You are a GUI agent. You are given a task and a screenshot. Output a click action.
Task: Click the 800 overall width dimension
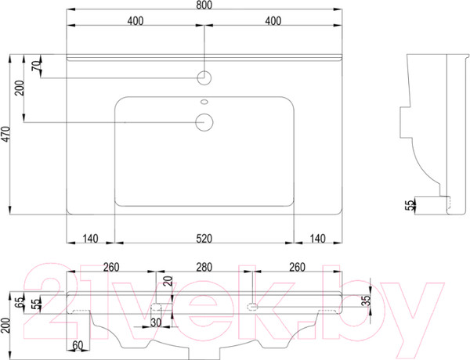click(204, 5)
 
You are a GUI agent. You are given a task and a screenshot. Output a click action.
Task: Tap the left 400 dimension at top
click(136, 20)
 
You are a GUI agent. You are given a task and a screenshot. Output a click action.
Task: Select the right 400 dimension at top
click(273, 20)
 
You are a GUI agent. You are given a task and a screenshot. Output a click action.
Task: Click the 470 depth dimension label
click(6, 134)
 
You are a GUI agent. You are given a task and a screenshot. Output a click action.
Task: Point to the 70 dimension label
click(36, 65)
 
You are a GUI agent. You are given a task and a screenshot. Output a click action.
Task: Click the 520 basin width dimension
click(204, 239)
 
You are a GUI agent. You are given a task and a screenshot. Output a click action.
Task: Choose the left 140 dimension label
click(90, 239)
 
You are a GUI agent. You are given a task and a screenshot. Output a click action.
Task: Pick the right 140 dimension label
click(317, 239)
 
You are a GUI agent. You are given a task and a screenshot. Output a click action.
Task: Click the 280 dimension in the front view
click(204, 267)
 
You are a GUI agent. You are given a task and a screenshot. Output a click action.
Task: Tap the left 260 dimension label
click(111, 267)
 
